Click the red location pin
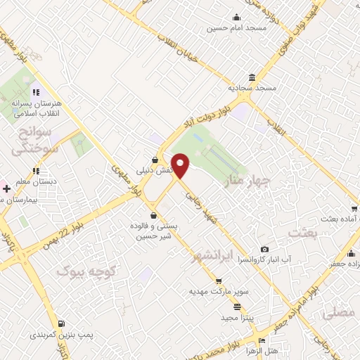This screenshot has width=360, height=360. (181, 167)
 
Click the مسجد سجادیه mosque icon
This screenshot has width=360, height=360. (251, 77)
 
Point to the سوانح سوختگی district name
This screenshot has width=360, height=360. (32, 141)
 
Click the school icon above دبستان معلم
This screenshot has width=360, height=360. (35, 170)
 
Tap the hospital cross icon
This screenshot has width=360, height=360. (6, 188)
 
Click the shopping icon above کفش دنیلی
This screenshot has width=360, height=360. (155, 160)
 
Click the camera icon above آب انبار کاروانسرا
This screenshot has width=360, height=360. (264, 249)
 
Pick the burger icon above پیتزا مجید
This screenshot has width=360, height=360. (237, 307)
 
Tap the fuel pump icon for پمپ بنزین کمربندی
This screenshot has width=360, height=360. (63, 324)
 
